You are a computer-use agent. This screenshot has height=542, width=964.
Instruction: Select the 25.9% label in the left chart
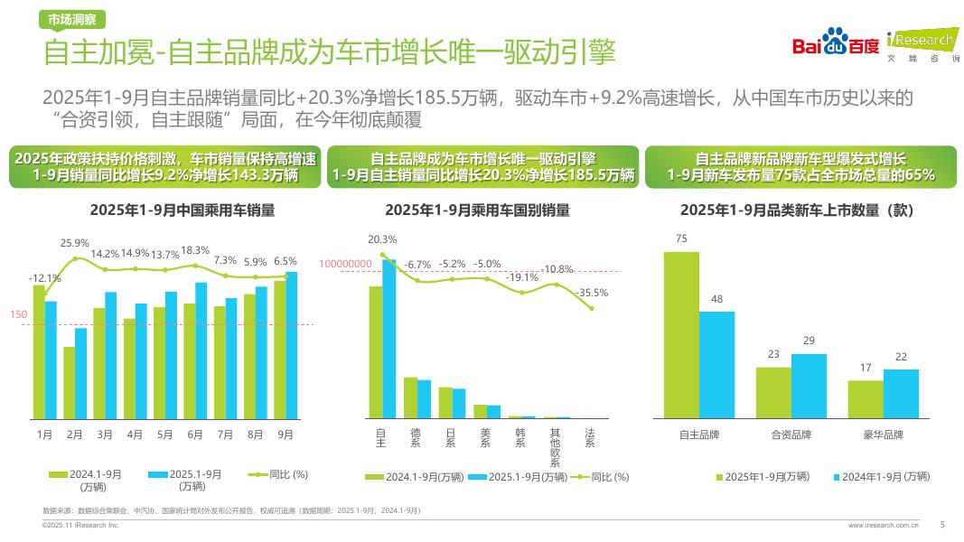(75, 243)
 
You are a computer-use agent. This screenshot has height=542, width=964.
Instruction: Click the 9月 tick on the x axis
(285, 435)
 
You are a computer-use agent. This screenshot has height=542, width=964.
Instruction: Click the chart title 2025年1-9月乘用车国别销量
(477, 210)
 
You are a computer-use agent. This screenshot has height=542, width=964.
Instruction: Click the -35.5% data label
(592, 293)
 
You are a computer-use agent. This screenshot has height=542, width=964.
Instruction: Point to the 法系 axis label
(590, 439)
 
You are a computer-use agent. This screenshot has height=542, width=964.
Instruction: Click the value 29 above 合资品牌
(809, 340)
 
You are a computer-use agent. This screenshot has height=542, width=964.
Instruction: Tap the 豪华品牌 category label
(883, 435)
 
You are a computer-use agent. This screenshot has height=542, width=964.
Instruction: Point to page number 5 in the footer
(942, 524)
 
